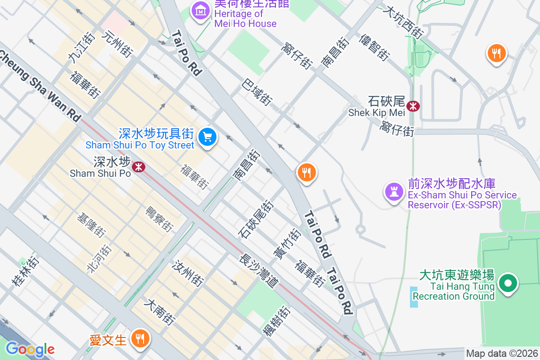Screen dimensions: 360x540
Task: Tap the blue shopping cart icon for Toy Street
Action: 207,136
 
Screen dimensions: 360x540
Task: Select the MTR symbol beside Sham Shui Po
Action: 138,167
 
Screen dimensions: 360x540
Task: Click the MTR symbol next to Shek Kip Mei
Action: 413,106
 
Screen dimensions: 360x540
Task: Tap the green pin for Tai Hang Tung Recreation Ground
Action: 508,283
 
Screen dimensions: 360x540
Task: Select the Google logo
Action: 30,349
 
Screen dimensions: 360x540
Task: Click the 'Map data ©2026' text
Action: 502,354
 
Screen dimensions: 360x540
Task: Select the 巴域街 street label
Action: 257,92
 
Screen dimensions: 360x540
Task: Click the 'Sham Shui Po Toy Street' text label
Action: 140,145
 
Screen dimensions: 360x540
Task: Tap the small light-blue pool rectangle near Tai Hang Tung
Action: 414,297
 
